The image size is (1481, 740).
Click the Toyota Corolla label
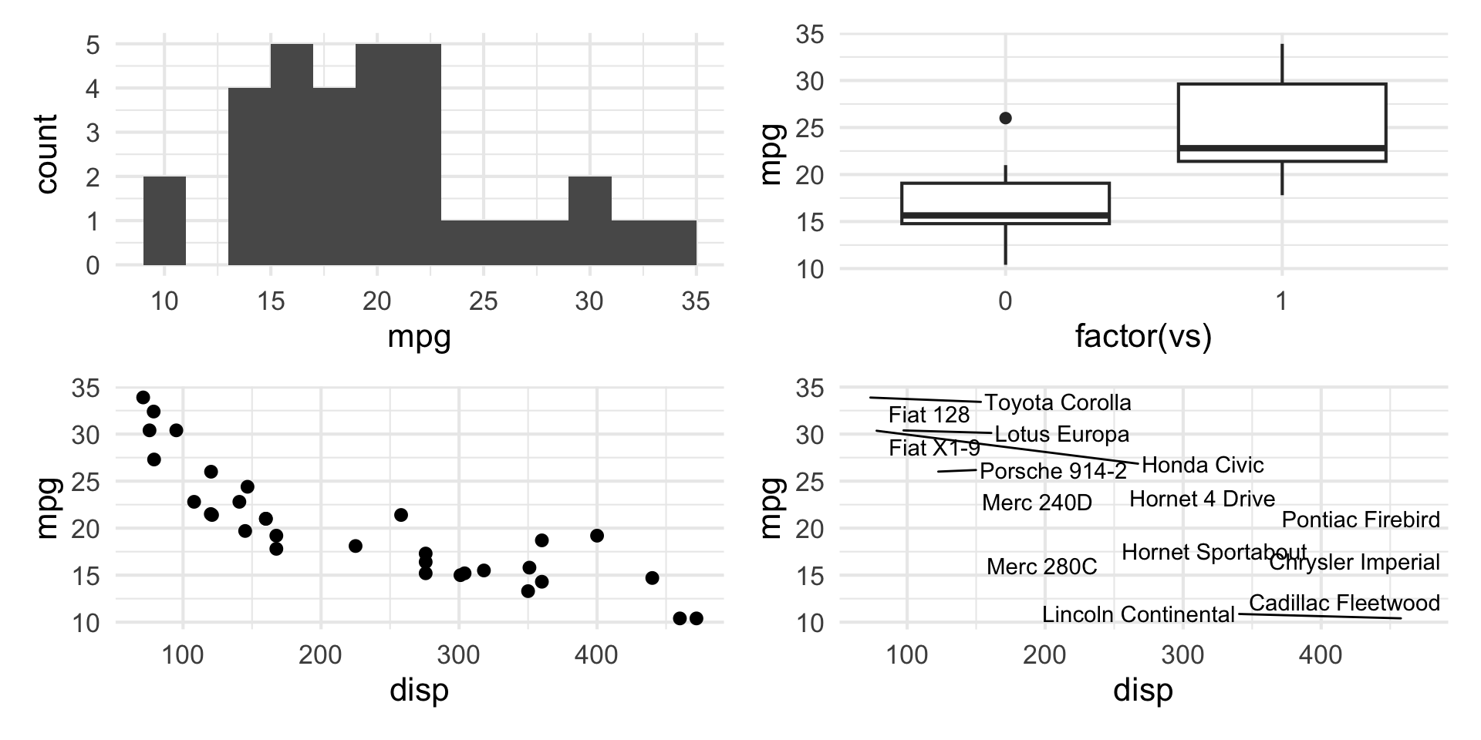[1058, 402]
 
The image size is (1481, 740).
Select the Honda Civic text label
[1203, 465]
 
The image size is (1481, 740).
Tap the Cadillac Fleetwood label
[1344, 603]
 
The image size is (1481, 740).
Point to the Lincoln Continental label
[1139, 614]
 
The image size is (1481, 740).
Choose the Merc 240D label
[1037, 503]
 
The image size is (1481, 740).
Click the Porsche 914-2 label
[1053, 471]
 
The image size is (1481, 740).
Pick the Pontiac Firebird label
[1361, 520]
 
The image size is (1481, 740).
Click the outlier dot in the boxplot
[1005, 118]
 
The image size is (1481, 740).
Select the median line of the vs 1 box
[1282, 147]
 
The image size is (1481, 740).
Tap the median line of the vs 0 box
[1005, 214]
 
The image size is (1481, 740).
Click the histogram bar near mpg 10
[164, 220]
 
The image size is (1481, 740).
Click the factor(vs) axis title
[1143, 337]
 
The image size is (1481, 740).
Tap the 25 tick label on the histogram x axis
[483, 301]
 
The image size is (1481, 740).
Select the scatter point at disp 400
[597, 536]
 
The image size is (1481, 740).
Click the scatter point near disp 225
[356, 546]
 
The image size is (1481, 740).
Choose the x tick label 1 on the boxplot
[1281, 301]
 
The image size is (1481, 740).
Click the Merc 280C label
[1041, 567]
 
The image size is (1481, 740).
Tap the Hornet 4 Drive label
[1202, 499]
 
